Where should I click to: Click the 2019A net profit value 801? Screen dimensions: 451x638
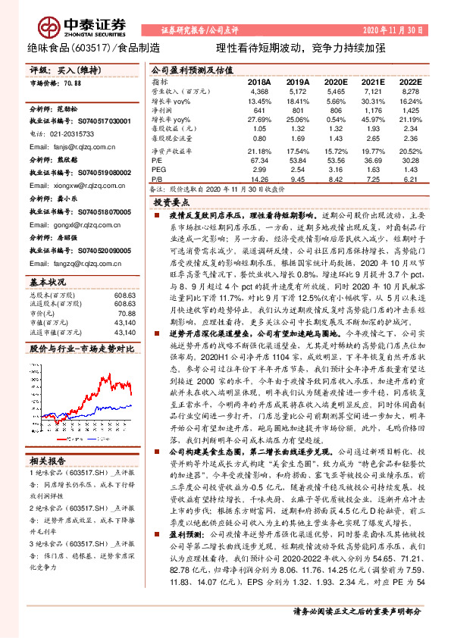pos(298,111)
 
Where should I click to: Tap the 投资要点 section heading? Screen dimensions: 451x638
pos(170,203)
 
